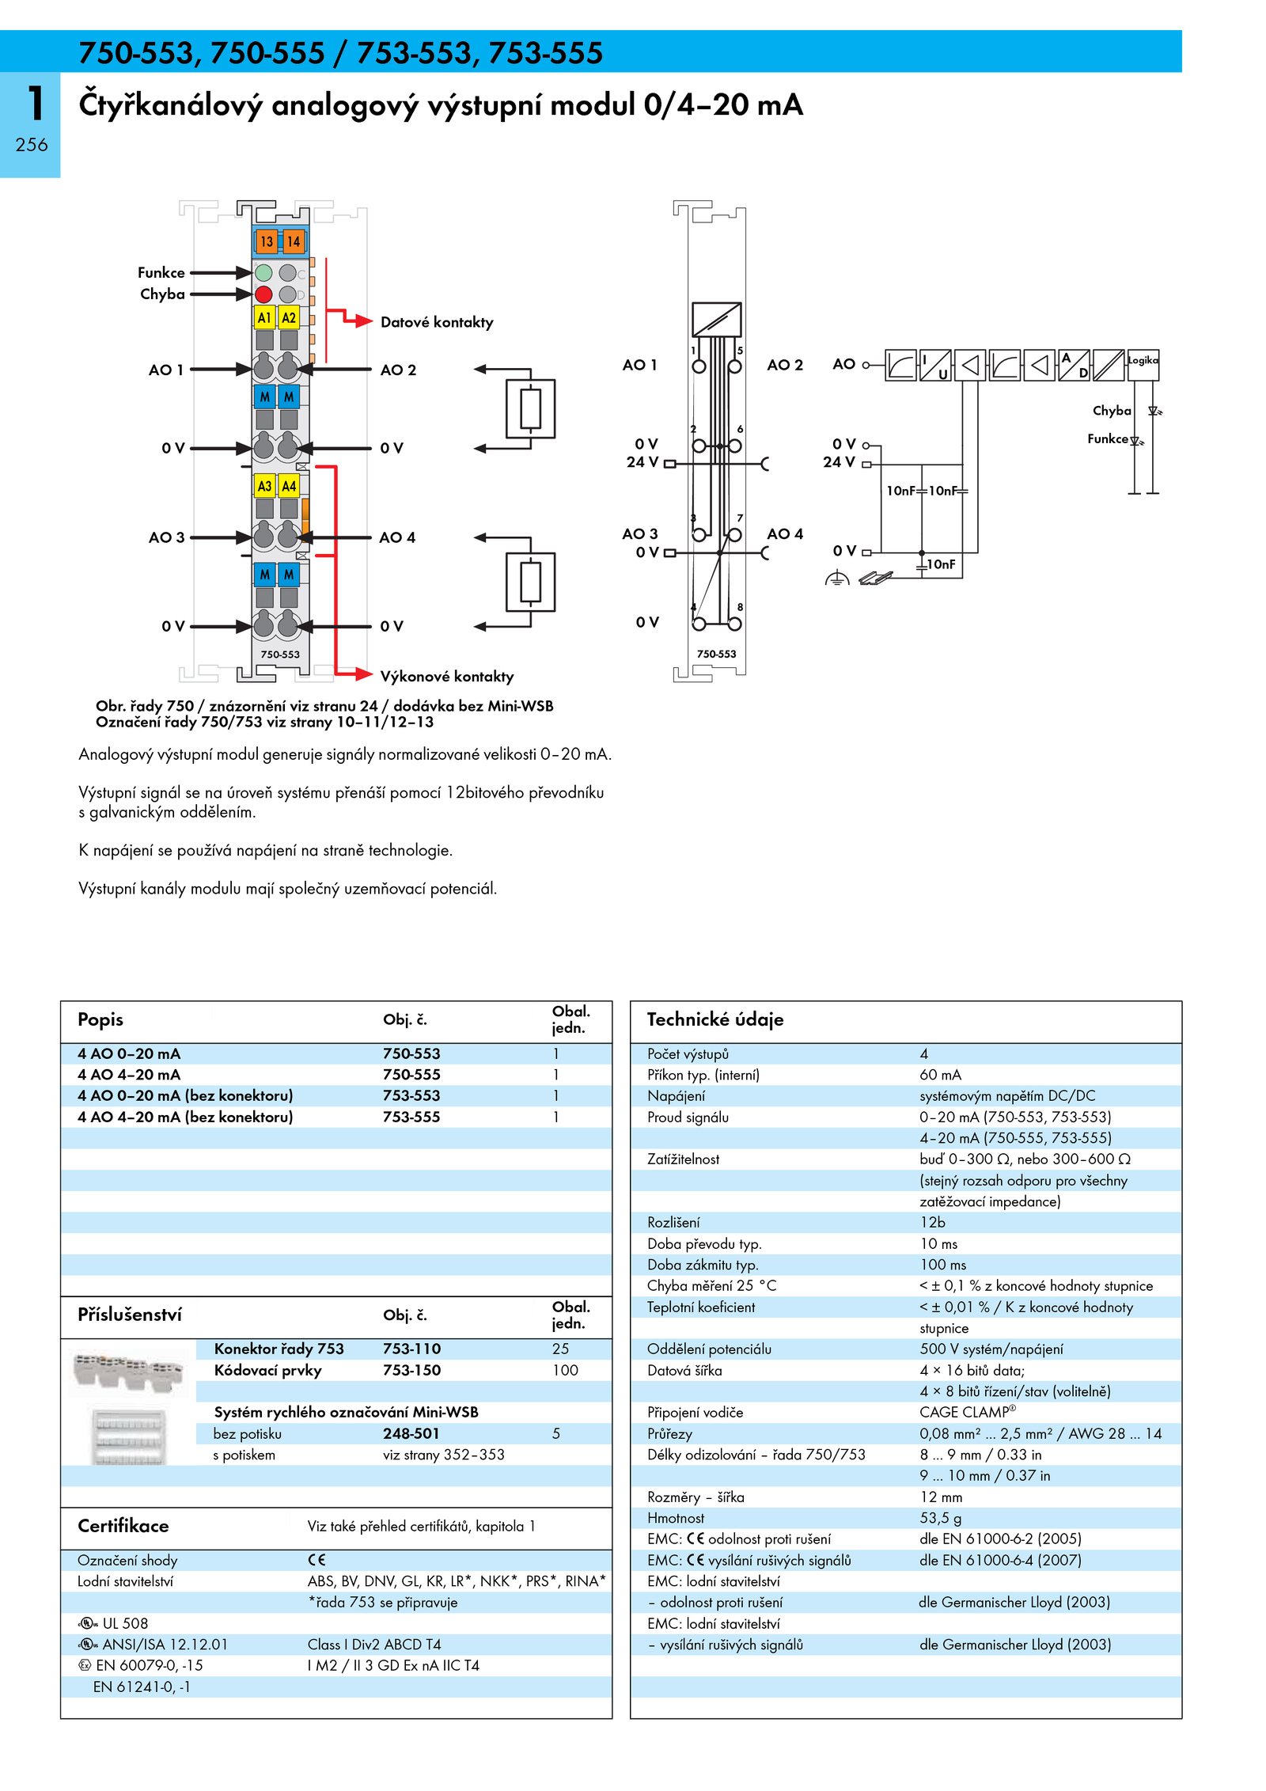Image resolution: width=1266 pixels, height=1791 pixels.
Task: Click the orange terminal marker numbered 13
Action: click(x=266, y=241)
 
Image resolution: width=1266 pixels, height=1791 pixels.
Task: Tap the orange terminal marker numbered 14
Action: click(x=293, y=241)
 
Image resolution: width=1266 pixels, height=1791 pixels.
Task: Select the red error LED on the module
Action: click(x=263, y=294)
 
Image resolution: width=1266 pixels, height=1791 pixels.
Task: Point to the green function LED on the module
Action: click(x=263, y=273)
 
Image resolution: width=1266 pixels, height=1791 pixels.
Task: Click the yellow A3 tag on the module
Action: click(x=264, y=486)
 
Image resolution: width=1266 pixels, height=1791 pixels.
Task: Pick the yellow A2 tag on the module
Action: click(x=289, y=317)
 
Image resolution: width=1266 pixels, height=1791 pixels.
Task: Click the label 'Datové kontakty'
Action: click(x=437, y=322)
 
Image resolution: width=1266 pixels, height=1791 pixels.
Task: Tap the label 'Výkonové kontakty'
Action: click(x=447, y=677)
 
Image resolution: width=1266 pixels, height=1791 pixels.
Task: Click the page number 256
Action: click(x=32, y=145)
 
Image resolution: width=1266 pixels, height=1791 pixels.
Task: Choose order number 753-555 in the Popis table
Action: click(x=411, y=1117)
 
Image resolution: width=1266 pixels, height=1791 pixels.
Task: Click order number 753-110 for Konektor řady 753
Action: click(x=411, y=1349)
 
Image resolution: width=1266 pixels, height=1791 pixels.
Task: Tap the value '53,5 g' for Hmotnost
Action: click(x=941, y=1518)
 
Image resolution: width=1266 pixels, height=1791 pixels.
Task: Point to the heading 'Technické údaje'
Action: click(x=715, y=1019)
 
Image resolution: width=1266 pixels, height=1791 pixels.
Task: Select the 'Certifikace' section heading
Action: click(x=123, y=1526)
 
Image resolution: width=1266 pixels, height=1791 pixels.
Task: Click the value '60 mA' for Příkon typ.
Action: click(x=940, y=1075)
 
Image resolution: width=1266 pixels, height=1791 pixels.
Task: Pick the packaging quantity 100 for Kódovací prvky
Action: click(x=565, y=1370)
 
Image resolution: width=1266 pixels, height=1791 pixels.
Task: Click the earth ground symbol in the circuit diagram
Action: click(x=836, y=579)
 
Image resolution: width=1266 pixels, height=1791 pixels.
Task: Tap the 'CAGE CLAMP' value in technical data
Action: click(x=968, y=1412)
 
